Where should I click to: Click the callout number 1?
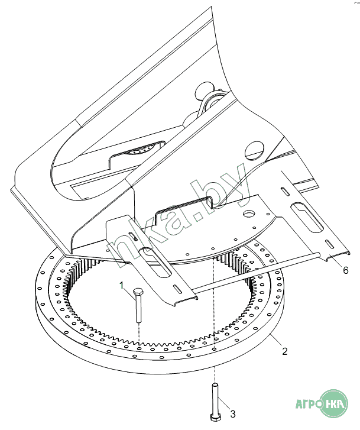122,286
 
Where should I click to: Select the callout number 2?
285,351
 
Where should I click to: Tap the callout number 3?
233,414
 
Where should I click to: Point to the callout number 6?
346,270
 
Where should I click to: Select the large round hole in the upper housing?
254,150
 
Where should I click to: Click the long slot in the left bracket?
156,262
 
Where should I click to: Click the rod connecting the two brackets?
257,271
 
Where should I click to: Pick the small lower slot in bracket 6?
330,244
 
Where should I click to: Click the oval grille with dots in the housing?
140,150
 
